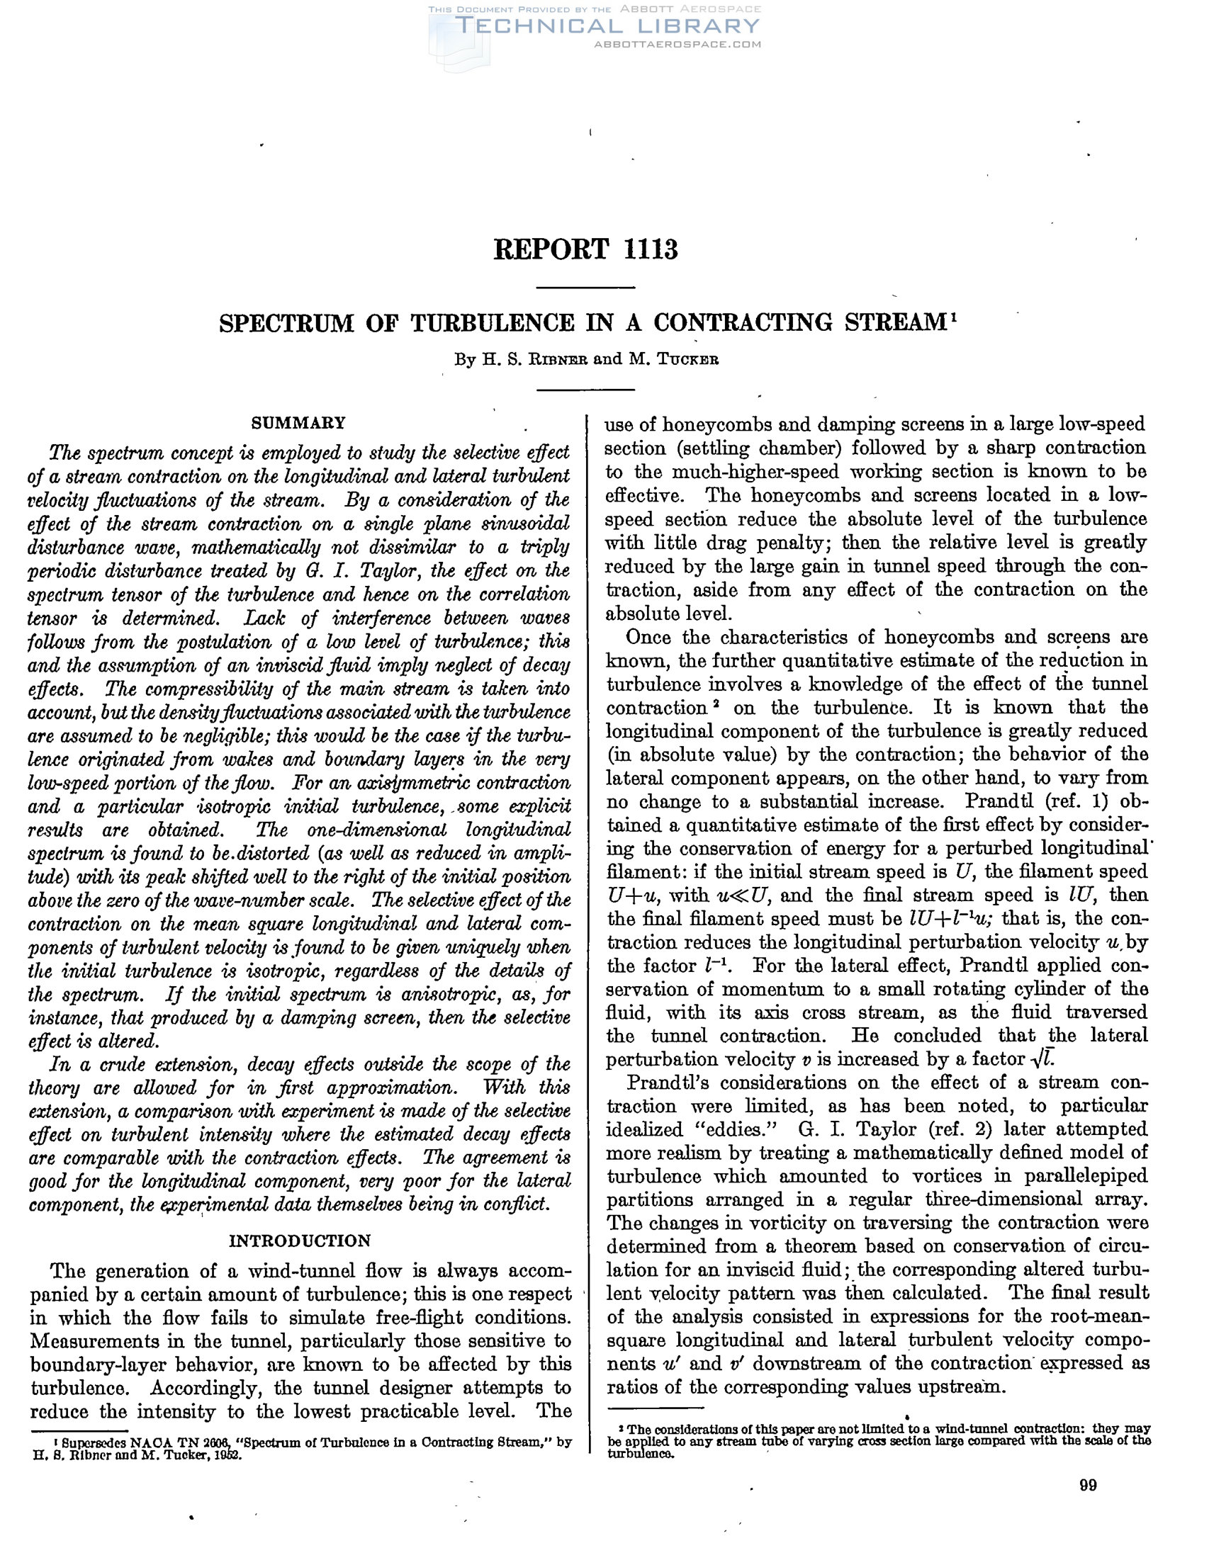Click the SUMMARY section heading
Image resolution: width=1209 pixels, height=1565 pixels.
coord(298,423)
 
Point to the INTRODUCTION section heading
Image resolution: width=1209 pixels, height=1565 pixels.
coord(300,1241)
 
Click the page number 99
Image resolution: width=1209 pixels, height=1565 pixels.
coord(1087,1486)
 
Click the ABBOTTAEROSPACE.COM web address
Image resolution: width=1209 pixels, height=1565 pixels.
coord(677,45)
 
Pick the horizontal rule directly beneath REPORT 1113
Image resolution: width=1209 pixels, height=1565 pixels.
coord(585,288)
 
